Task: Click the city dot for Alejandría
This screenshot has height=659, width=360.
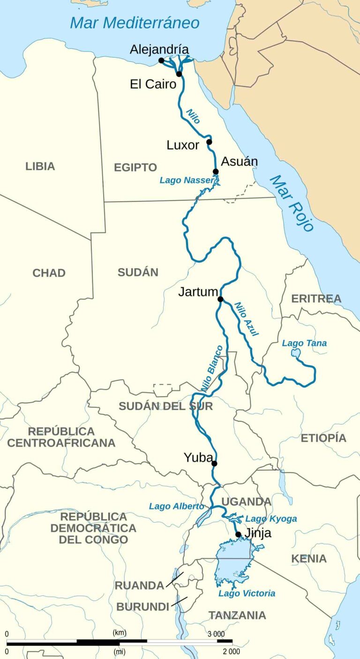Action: click(161, 60)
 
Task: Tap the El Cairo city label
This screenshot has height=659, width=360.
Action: click(153, 84)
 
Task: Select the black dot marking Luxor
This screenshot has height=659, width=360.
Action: click(209, 142)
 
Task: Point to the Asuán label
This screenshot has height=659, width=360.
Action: click(239, 162)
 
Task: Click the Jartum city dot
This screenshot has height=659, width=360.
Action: click(220, 299)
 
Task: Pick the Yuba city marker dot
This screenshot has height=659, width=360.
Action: click(214, 464)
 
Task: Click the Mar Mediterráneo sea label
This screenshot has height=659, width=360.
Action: click(135, 22)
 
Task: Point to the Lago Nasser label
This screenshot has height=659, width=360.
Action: click(187, 180)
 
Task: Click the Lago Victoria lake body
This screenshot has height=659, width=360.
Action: click(233, 561)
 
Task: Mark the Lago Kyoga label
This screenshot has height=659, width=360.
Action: click(271, 519)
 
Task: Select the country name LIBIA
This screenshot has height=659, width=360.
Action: click(40, 166)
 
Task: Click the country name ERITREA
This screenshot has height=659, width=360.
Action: click(316, 299)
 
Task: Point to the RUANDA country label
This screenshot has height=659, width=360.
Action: click(139, 585)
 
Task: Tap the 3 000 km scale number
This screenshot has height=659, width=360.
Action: click(216, 634)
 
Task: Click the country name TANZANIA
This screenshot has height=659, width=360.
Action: click(237, 615)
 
